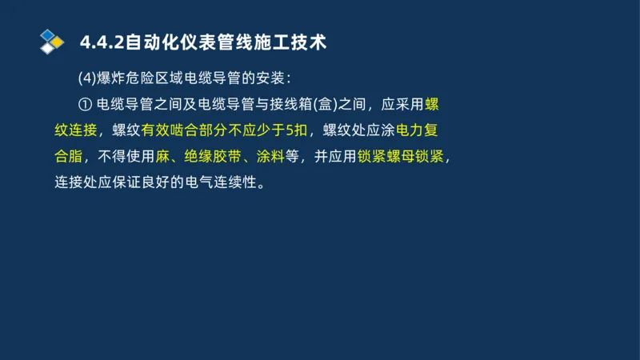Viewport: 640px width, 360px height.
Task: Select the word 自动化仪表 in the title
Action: click(x=165, y=42)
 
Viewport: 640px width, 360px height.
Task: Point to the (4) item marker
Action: click(x=87, y=78)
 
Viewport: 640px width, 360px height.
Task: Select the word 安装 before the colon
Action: click(x=266, y=78)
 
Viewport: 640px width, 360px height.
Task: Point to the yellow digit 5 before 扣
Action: click(x=290, y=130)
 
